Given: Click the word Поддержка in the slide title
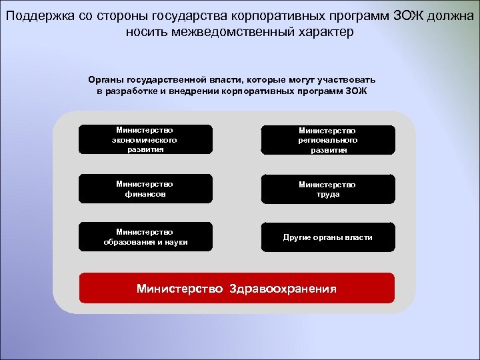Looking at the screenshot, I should point(33,15).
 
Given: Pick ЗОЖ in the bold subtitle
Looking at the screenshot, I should point(355,91).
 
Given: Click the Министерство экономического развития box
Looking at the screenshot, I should point(145,140).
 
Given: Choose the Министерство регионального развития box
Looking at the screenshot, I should point(327,140).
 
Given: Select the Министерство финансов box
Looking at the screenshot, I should point(145,189).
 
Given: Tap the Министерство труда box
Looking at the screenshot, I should point(327,189).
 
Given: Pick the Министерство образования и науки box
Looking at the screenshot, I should point(145,237).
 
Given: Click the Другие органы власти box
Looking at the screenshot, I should point(327,237).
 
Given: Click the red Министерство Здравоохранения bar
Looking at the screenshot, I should point(237,288).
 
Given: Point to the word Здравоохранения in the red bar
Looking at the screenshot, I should point(283,289).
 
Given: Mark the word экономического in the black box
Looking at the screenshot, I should point(145,140).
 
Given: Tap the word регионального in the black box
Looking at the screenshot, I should point(327,141).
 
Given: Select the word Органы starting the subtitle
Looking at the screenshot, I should point(103,79).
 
